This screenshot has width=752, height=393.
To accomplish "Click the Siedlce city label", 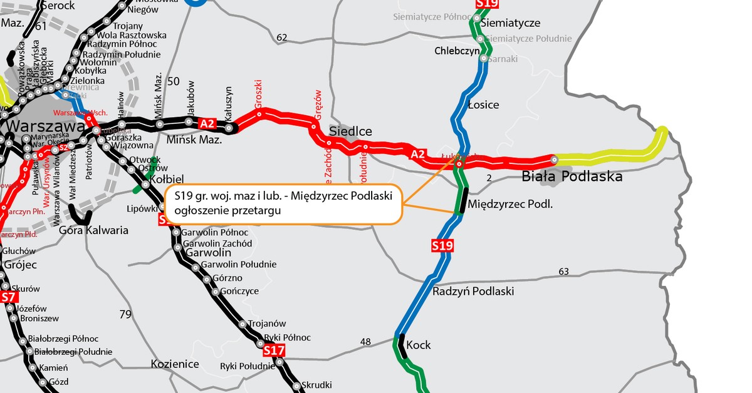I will click(x=351, y=131).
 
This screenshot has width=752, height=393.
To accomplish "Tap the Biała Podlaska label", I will click(x=572, y=176).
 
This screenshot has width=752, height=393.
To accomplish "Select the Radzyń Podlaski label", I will click(x=473, y=292).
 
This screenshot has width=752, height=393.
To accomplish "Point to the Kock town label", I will click(x=419, y=345).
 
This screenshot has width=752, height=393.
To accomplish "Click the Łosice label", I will click(x=484, y=105).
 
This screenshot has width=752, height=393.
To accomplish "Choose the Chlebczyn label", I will click(x=457, y=51).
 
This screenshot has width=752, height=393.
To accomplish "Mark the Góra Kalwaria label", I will click(x=93, y=230).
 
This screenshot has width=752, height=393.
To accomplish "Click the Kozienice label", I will click(x=175, y=364).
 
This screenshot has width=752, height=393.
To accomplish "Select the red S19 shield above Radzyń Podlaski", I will click(x=442, y=246).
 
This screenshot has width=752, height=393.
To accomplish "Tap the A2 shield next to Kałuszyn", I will click(x=207, y=123).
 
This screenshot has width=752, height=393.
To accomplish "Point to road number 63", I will click(x=563, y=271).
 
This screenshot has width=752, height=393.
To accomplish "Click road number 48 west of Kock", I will click(x=366, y=342).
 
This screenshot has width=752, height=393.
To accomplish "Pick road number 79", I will click(x=125, y=314).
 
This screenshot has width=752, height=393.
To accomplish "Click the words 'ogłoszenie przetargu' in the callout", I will click(x=227, y=212).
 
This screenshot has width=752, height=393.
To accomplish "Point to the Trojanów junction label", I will click(x=267, y=324).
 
